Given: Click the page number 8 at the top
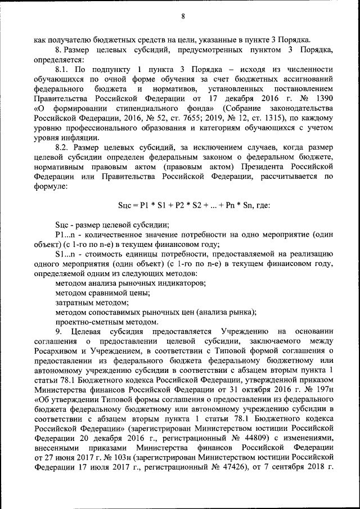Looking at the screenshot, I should point(183,16).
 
